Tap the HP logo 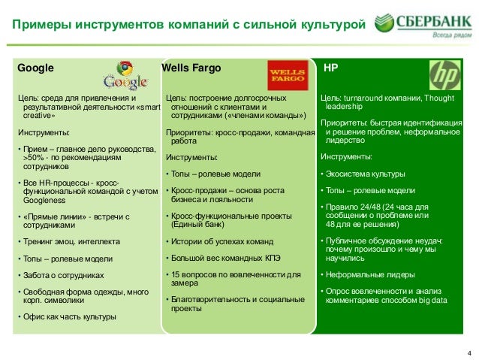click(x=444, y=75)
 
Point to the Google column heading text click(x=35, y=68)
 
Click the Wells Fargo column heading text click(x=191, y=68)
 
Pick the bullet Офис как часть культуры click(x=68, y=316)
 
